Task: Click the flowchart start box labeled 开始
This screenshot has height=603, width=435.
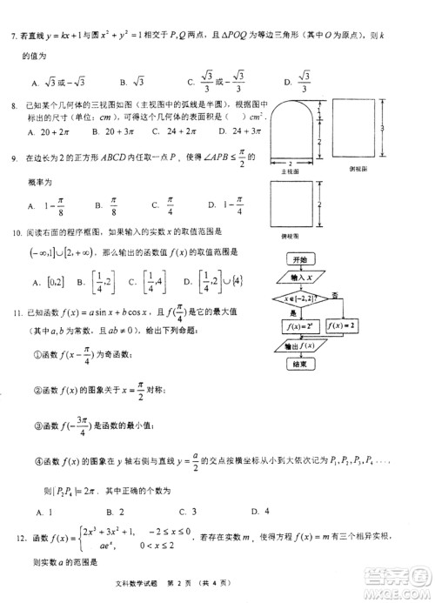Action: click(x=300, y=259)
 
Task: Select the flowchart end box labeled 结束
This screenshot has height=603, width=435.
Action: click(x=299, y=365)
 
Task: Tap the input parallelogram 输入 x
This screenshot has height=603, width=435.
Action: click(x=299, y=277)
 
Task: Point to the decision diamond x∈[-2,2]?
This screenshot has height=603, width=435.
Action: click(x=298, y=298)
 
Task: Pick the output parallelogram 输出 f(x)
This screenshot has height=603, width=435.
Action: click(x=298, y=345)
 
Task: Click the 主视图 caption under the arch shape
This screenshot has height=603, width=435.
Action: click(x=291, y=172)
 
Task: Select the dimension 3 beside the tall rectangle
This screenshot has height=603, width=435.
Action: click(x=384, y=128)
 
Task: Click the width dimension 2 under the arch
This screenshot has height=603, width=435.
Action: click(x=290, y=163)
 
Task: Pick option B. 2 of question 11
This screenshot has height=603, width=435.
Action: click(x=115, y=511)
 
